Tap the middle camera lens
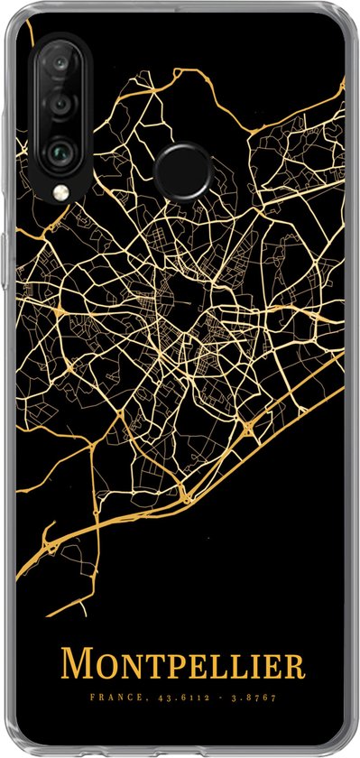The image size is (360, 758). pos(59,104)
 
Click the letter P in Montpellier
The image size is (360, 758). pos(170,668)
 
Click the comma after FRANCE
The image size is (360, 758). pos(138,698)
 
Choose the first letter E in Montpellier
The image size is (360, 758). pos(192,668)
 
